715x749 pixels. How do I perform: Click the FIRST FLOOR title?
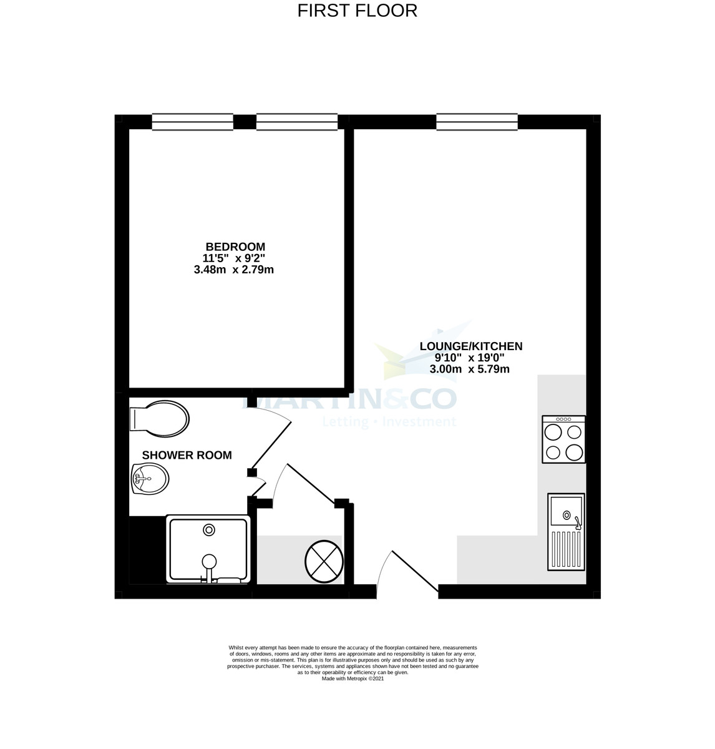click(x=357, y=11)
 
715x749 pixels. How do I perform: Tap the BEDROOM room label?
click(x=235, y=247)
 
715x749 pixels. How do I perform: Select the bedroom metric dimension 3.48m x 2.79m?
click(x=234, y=270)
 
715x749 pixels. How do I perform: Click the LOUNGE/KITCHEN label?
click(x=470, y=346)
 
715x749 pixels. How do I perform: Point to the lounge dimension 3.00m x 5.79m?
click(x=469, y=369)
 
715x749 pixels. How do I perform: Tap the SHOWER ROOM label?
click(x=187, y=455)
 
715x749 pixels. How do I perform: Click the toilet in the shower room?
click(x=158, y=418)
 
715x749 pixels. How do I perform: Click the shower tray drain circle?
click(x=208, y=530)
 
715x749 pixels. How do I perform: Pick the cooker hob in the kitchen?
click(x=564, y=439)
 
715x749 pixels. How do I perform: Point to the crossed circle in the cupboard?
click(x=324, y=559)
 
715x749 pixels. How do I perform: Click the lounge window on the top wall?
click(x=477, y=122)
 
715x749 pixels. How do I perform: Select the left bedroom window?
click(x=192, y=122)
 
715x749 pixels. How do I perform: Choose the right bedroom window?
click(x=297, y=122)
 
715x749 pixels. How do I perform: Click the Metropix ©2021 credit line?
click(x=353, y=678)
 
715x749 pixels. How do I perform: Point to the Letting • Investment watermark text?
click(x=389, y=423)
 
